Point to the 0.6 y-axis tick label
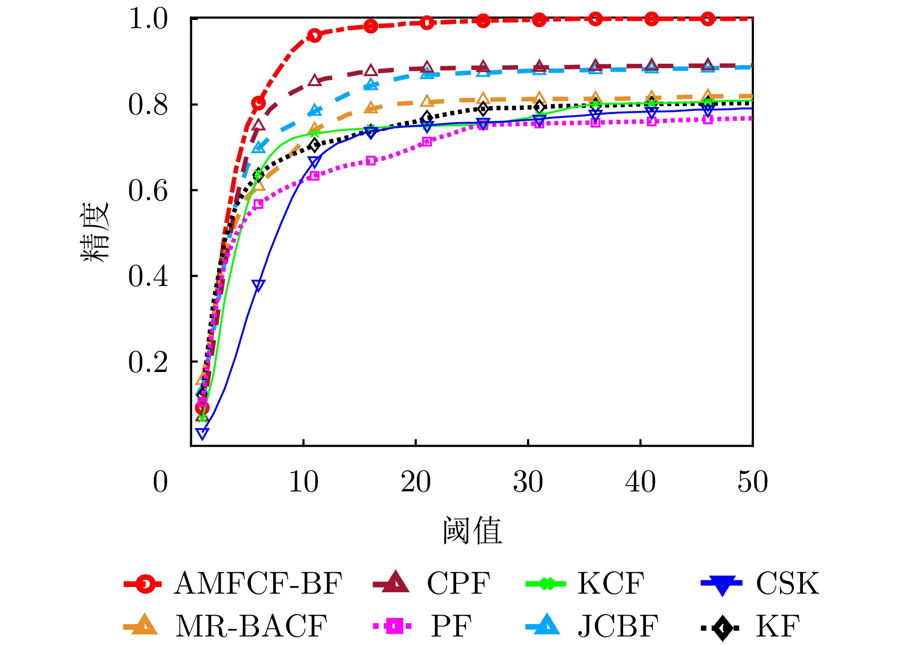[148, 191]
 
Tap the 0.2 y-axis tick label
[148, 362]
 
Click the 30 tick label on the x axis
[528, 481]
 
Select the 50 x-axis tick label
[752, 481]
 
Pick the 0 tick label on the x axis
[160, 481]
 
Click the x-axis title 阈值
[472, 530]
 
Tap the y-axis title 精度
[95, 232]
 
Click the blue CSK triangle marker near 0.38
[258, 285]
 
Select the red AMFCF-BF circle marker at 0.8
[258, 103]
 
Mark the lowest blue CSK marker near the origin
[202, 433]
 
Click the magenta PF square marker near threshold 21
[427, 142]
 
